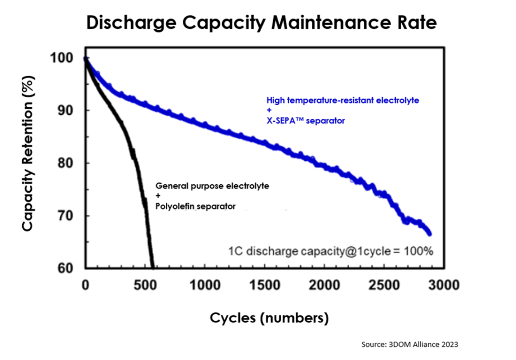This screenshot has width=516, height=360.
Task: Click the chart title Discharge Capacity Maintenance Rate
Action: click(261, 23)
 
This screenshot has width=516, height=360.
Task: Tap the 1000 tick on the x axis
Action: click(205, 285)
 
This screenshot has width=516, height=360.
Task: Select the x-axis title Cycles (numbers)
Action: click(269, 318)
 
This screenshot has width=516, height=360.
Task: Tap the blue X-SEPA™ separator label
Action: click(306, 121)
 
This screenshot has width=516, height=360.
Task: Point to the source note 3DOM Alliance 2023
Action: click(410, 344)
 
